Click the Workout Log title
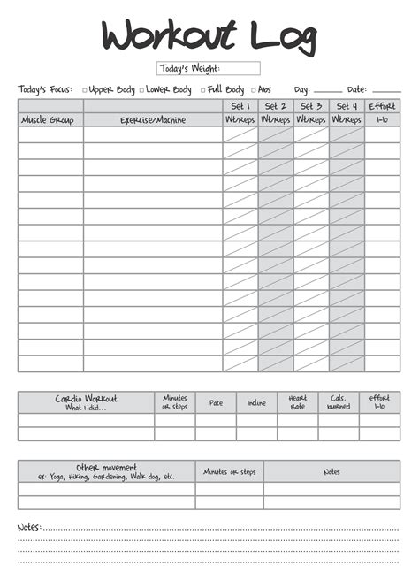click(209, 36)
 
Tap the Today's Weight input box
click(209, 68)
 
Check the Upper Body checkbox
click(85, 90)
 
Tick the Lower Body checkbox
click(141, 90)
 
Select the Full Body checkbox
click(203, 90)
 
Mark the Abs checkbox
click(255, 90)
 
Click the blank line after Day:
click(327, 90)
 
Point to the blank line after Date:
click(386, 90)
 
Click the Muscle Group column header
click(50, 119)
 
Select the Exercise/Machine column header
click(153, 119)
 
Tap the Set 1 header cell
click(240, 106)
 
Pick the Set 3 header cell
click(310, 106)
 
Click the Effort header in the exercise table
click(382, 106)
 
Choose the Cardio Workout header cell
click(86, 402)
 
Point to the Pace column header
click(216, 402)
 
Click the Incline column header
click(256, 402)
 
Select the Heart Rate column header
click(297, 402)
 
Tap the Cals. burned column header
click(339, 402)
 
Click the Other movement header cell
click(106, 471)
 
